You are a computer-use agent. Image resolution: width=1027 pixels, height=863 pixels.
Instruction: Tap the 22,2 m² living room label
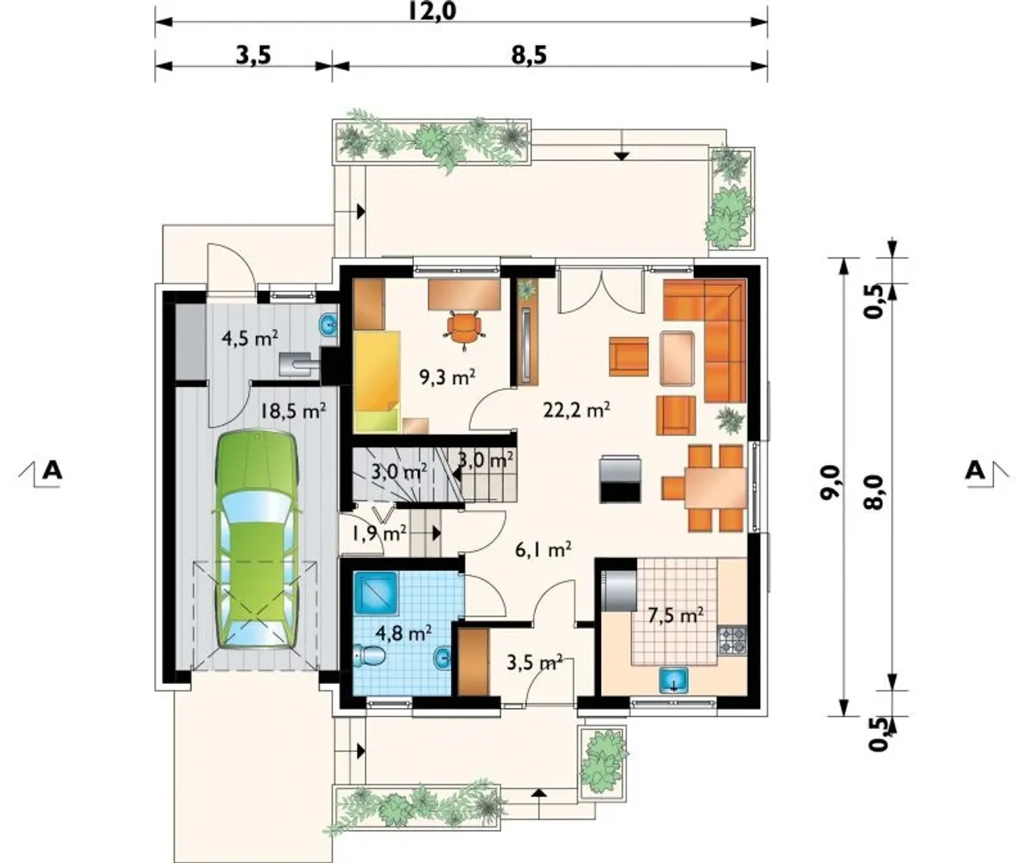(x=576, y=409)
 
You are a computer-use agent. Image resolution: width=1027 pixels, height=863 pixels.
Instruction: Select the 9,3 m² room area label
(x=447, y=377)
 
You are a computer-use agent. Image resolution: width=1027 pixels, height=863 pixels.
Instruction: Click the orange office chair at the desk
(x=465, y=329)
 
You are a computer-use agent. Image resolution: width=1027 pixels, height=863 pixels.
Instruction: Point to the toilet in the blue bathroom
(x=370, y=655)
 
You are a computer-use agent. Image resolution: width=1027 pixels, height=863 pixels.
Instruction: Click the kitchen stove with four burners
(x=733, y=640)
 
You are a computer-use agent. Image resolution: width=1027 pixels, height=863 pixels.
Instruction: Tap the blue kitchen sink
(x=674, y=680)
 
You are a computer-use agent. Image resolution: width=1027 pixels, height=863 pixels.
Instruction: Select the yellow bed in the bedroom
(x=377, y=381)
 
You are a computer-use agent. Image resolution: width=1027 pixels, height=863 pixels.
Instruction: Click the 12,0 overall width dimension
(x=432, y=12)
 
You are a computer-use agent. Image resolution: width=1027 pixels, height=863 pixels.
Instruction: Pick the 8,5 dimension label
(x=530, y=55)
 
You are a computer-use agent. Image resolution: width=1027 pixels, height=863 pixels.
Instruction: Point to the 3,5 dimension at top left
(x=254, y=55)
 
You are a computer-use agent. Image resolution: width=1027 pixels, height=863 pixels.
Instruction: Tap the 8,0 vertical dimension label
(x=877, y=492)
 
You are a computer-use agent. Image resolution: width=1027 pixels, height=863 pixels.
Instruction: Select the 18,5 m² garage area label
(x=293, y=410)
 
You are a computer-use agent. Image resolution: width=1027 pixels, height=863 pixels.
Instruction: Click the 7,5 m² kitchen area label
(x=676, y=616)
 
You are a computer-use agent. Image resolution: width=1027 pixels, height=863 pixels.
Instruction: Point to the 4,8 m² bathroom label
(x=404, y=633)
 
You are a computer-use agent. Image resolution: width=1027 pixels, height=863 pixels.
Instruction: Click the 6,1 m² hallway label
(x=543, y=549)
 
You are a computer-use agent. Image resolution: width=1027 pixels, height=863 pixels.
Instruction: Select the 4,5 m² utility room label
(x=250, y=339)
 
